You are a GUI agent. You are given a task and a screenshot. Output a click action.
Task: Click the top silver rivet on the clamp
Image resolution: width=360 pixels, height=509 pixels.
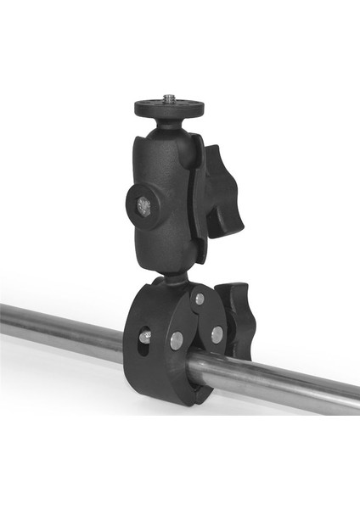pyautogui.click(x=198, y=299)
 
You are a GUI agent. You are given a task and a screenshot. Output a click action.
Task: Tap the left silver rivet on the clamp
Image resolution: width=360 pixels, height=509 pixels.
pyautogui.click(x=176, y=340)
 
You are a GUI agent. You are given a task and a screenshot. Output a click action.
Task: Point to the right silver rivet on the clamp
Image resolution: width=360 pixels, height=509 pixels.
pyautogui.click(x=217, y=334)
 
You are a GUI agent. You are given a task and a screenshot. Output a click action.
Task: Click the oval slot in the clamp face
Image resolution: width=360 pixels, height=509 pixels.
pyautogui.click(x=145, y=339)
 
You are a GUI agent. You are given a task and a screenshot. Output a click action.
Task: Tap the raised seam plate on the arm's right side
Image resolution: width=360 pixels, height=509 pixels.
pyautogui.click(x=198, y=204)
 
